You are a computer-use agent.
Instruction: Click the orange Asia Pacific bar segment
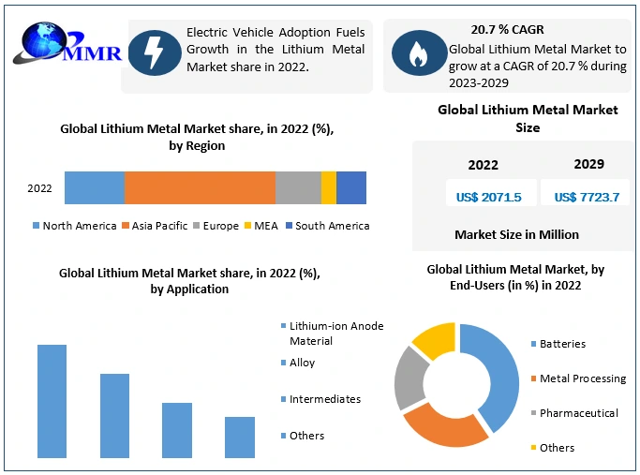click(200, 187)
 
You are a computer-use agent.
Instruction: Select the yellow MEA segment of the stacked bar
click(328, 187)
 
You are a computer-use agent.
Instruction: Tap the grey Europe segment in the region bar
click(298, 187)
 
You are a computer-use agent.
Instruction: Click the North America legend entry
click(74, 226)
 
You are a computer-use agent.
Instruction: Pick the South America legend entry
click(327, 226)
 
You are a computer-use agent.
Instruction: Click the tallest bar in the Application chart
click(52, 401)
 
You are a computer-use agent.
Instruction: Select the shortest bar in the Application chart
click(239, 437)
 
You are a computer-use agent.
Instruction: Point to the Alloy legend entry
click(302, 363)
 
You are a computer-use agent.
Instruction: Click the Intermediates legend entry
click(324, 399)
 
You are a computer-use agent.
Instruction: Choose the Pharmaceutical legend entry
click(578, 413)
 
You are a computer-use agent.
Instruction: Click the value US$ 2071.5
click(484, 197)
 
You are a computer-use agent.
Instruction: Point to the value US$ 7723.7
click(587, 197)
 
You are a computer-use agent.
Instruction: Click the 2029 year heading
click(588, 164)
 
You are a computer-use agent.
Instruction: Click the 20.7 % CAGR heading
click(508, 30)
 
